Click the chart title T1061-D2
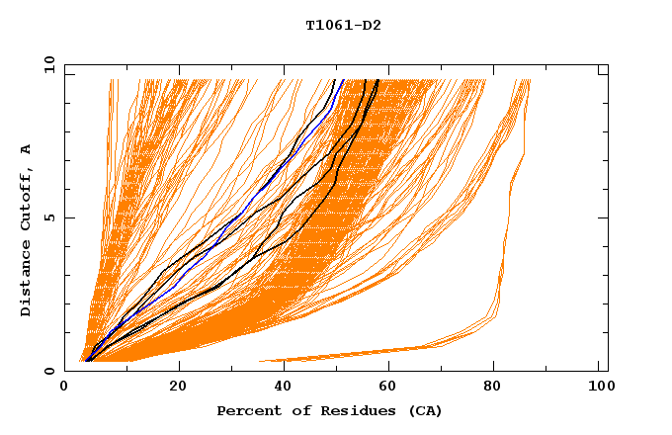[x=343, y=26]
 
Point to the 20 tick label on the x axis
[x=178, y=390]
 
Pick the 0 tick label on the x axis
[x=65, y=390]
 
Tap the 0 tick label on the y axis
[x=48, y=371]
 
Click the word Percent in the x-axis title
[x=246, y=411]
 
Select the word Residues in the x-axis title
[x=351, y=411]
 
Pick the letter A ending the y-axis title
[x=26, y=149]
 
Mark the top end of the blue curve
[x=343, y=80]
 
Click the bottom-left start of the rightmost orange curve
[x=261, y=361]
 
